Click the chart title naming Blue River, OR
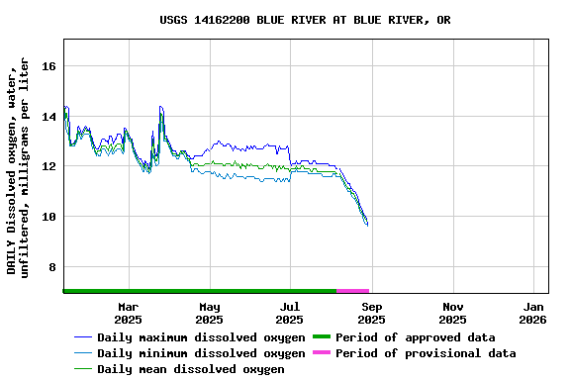pyautogui.click(x=305, y=20)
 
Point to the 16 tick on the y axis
pyautogui.click(x=48, y=66)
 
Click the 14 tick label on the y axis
pyautogui.click(x=48, y=117)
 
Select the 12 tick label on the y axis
pyautogui.click(x=48, y=166)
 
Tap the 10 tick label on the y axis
pyautogui.click(x=48, y=217)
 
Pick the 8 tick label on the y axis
pyautogui.click(x=52, y=267)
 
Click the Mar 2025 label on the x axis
pyautogui.click(x=129, y=313)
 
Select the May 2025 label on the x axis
pyautogui.click(x=210, y=313)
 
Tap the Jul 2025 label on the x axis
pyautogui.click(x=290, y=313)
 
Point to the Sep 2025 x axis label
pyautogui.click(x=371, y=313)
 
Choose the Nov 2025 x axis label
pyautogui.click(x=452, y=313)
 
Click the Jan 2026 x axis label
pyautogui.click(x=532, y=313)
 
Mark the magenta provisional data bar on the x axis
pyautogui.click(x=352, y=291)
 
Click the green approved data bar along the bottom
pyautogui.click(x=198, y=291)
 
